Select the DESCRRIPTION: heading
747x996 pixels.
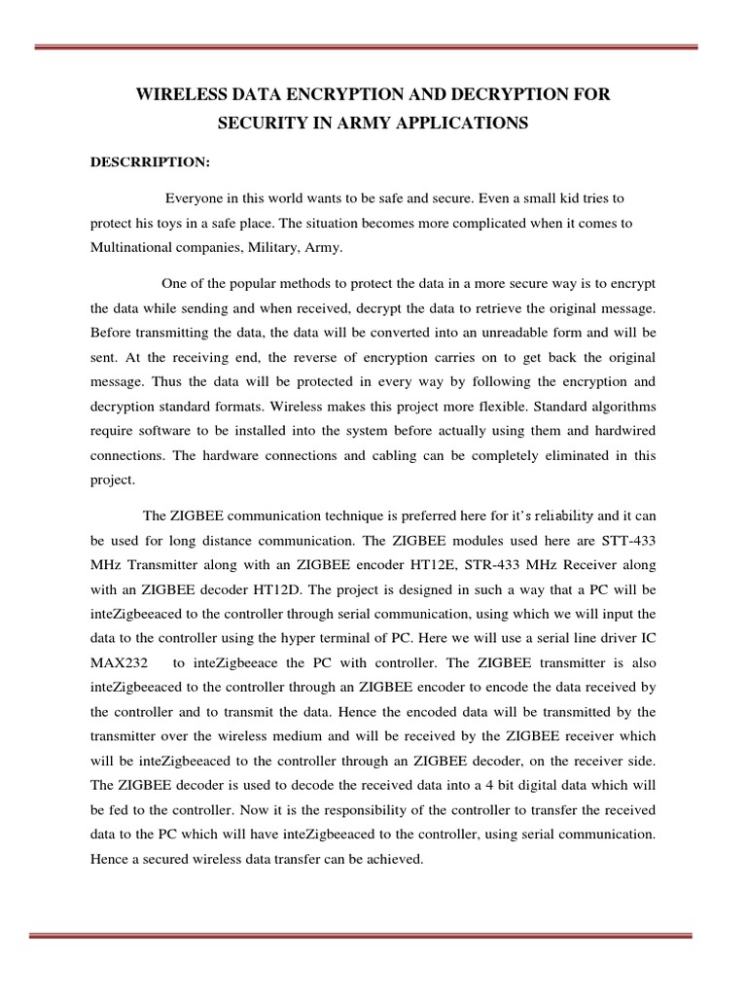pos(144,161)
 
